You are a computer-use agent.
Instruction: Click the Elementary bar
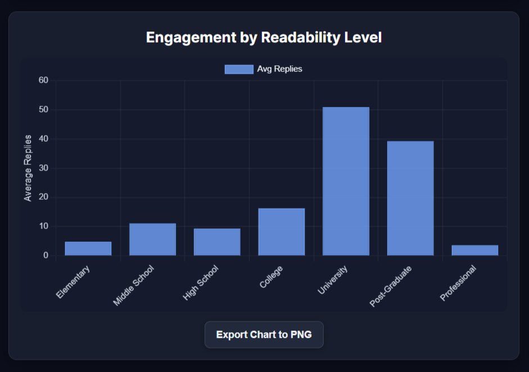tap(88, 249)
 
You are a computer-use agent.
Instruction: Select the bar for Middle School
tap(152, 240)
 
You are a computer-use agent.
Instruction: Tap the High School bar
tap(217, 242)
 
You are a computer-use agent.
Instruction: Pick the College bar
tap(281, 232)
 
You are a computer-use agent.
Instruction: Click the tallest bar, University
tap(346, 181)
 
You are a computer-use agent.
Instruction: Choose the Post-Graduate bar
tap(410, 198)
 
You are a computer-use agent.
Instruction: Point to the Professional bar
tap(474, 250)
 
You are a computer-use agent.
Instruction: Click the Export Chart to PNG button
tap(264, 335)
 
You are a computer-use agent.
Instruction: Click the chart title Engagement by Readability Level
tap(264, 38)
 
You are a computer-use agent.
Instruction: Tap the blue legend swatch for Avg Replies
tap(239, 69)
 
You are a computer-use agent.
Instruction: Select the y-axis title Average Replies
tap(28, 168)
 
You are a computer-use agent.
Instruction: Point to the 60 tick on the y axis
tap(44, 80)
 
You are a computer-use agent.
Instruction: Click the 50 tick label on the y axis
tap(44, 110)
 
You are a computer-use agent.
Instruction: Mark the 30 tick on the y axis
tap(44, 168)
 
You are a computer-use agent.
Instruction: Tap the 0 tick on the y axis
tap(46, 256)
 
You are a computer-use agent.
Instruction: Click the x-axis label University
tap(333, 280)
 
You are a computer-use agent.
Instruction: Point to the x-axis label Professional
tap(458, 283)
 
